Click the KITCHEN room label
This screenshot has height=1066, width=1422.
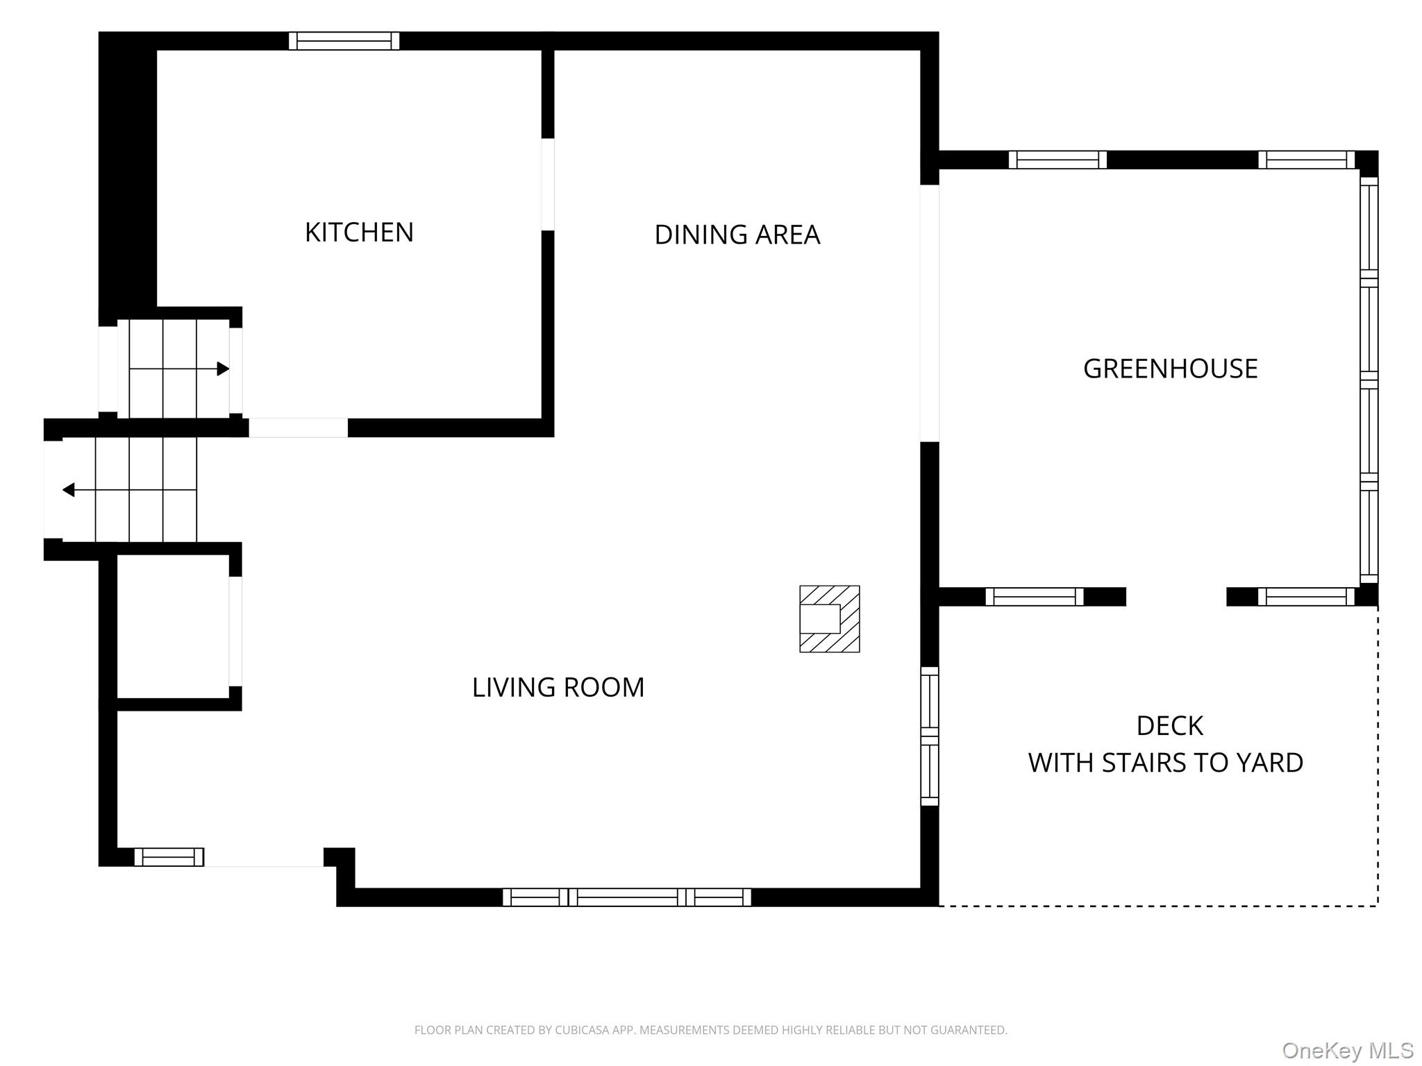359,232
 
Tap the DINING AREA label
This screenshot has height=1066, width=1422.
737,235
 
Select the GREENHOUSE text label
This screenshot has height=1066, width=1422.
1171,369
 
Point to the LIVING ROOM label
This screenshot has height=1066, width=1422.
558,687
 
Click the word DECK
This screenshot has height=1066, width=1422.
1170,726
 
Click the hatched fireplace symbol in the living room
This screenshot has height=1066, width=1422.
830,619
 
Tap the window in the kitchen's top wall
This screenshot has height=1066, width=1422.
344,41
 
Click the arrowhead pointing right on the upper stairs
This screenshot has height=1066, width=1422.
223,369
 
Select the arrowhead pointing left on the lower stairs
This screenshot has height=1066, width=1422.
69,490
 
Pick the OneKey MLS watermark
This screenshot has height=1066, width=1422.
1348,1051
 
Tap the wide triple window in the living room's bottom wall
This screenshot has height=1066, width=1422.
627,897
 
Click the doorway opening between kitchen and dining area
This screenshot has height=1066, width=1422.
548,185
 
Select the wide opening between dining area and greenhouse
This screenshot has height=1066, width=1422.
930,313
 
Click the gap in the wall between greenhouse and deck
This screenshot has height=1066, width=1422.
1176,597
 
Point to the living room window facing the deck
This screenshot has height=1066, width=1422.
930,736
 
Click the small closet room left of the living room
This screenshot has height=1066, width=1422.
173,626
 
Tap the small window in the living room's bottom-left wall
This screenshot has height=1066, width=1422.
169,857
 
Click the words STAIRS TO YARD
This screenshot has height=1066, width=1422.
1203,763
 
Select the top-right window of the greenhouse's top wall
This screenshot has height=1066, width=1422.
1307,160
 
